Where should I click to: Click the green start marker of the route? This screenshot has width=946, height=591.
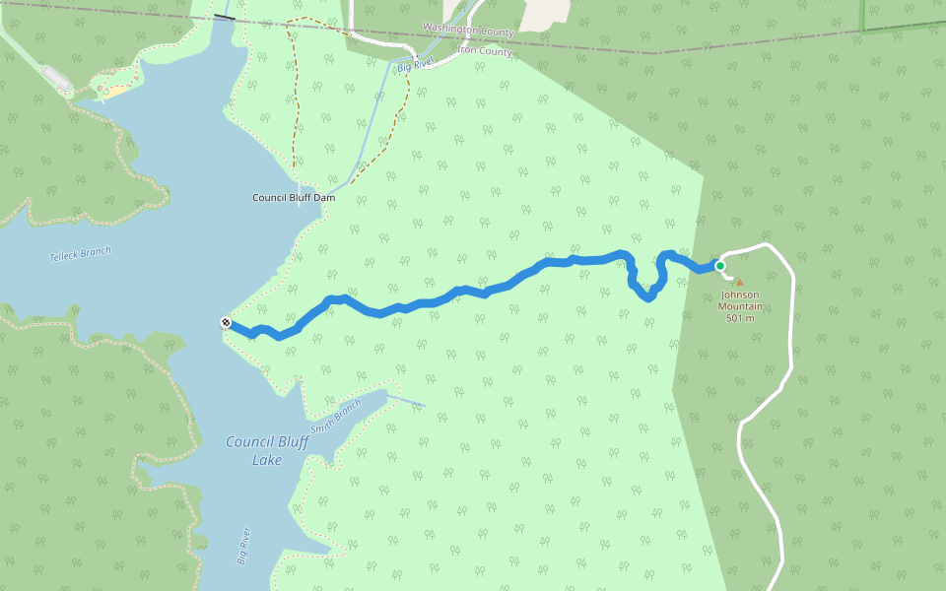[720, 266]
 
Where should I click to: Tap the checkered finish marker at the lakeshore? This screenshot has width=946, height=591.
[227, 322]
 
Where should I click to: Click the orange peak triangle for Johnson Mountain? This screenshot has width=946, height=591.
[739, 282]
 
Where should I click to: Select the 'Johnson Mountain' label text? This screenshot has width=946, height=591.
[740, 299]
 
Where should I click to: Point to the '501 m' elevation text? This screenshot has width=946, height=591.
[740, 317]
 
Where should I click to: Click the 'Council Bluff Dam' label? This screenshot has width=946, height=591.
[294, 198]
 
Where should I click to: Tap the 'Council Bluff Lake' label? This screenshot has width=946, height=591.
[266, 450]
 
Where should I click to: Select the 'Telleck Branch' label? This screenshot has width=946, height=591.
[81, 254]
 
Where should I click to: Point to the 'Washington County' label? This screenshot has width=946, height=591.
[468, 31]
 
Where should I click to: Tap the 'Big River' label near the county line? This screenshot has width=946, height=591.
[416, 65]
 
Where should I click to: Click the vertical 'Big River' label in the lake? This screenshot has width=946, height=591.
[244, 546]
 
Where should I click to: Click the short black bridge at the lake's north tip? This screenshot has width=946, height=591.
[225, 18]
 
